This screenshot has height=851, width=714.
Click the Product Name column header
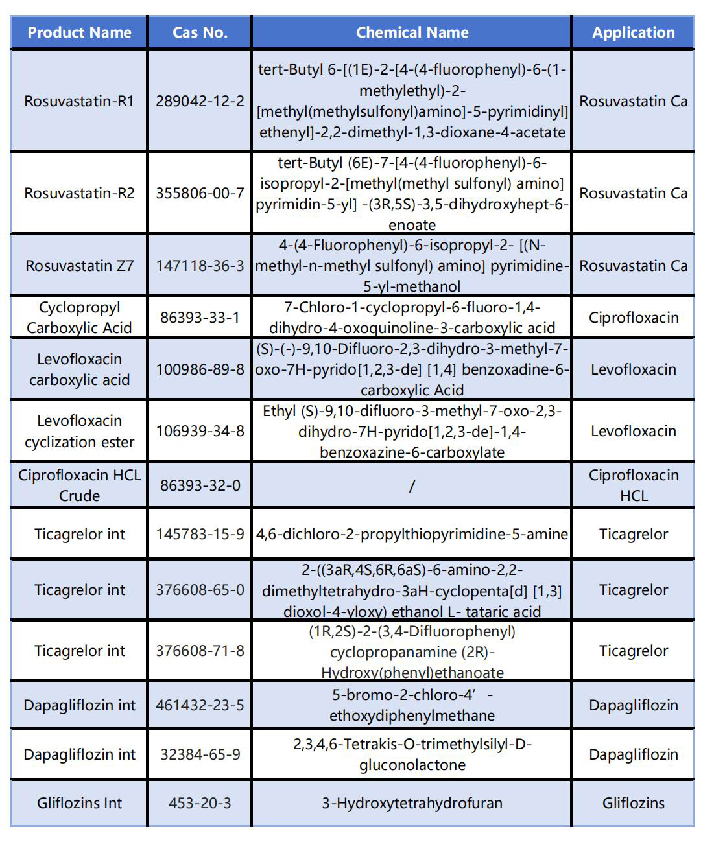coord(79,32)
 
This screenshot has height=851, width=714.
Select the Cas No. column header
coord(200,32)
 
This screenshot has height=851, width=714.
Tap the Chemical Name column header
coord(412,32)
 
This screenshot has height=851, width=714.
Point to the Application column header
coord(633,32)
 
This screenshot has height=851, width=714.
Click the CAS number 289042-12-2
coord(200,101)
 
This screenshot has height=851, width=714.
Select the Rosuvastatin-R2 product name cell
coord(79,193)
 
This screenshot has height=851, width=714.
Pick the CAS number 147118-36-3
coord(200,266)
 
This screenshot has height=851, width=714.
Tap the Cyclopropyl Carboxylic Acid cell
coord(79,318)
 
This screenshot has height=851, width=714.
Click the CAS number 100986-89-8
coord(200,369)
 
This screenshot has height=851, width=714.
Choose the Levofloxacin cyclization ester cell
coord(79,431)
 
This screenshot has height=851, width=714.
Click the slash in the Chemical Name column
coord(412,485)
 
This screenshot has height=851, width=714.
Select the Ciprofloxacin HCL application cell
coord(633,485)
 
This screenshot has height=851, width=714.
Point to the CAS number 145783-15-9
coord(200,534)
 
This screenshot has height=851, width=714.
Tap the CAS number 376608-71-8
coord(200,651)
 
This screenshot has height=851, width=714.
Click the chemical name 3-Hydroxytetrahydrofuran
coord(412,803)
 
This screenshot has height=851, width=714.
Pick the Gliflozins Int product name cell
coord(79,803)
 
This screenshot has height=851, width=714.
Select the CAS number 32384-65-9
coord(200,754)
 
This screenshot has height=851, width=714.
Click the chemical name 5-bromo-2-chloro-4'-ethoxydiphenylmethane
coord(412,705)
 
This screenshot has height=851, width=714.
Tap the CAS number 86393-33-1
coord(200,318)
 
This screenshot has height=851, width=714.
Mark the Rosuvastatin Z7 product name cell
coord(79,266)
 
